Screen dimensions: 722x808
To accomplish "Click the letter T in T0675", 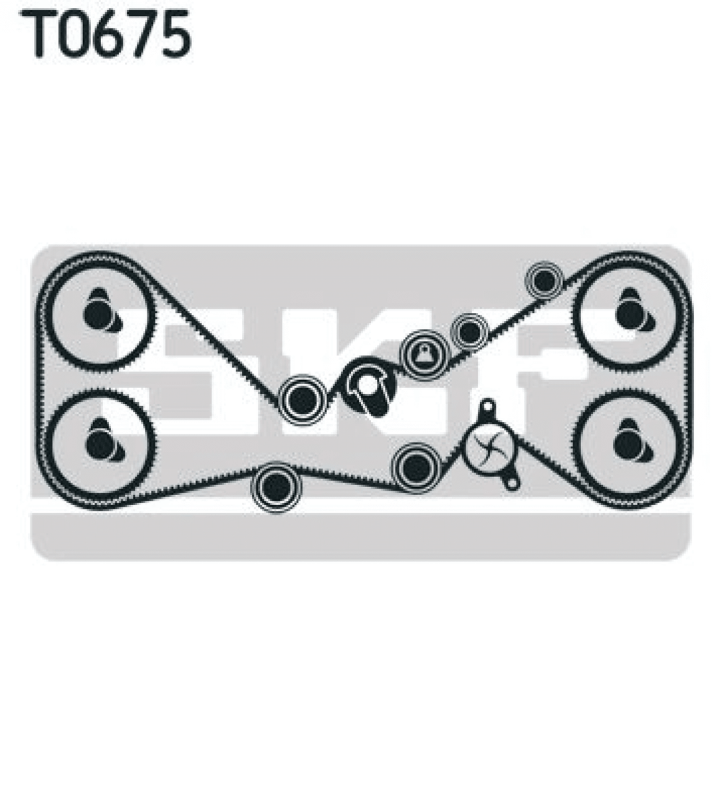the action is click(x=38, y=34).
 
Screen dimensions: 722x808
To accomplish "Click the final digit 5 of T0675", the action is click(x=175, y=35).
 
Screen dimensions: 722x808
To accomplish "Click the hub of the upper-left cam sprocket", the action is click(x=100, y=314).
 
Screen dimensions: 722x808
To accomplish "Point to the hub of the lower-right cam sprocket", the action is click(x=630, y=444).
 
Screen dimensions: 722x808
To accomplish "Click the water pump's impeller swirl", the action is click(x=488, y=446).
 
